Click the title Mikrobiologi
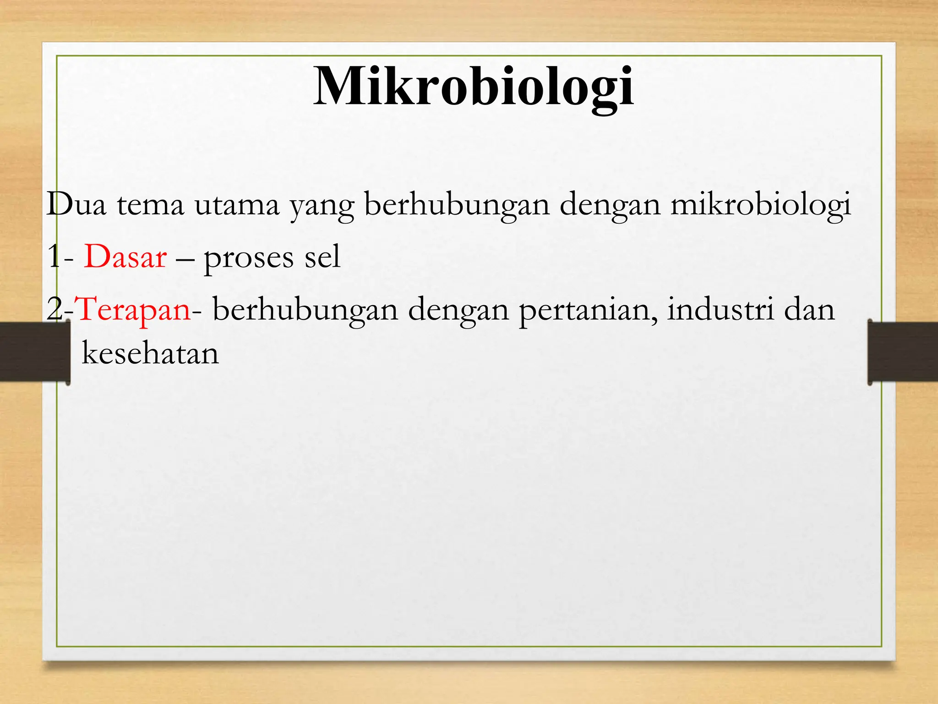474,87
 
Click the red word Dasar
125,257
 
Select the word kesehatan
150,353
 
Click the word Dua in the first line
76,204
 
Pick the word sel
322,257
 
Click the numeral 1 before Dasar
54,257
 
